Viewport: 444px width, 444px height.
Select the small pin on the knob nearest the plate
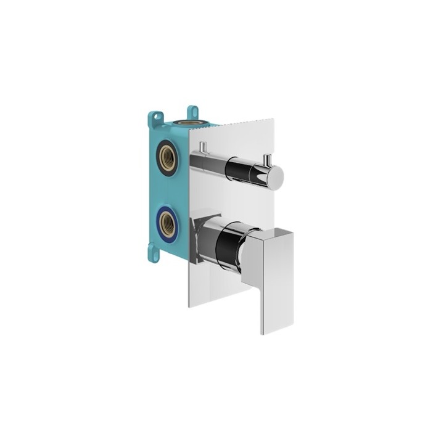coord(202,149)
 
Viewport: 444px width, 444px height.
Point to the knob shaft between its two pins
coord(216,159)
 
